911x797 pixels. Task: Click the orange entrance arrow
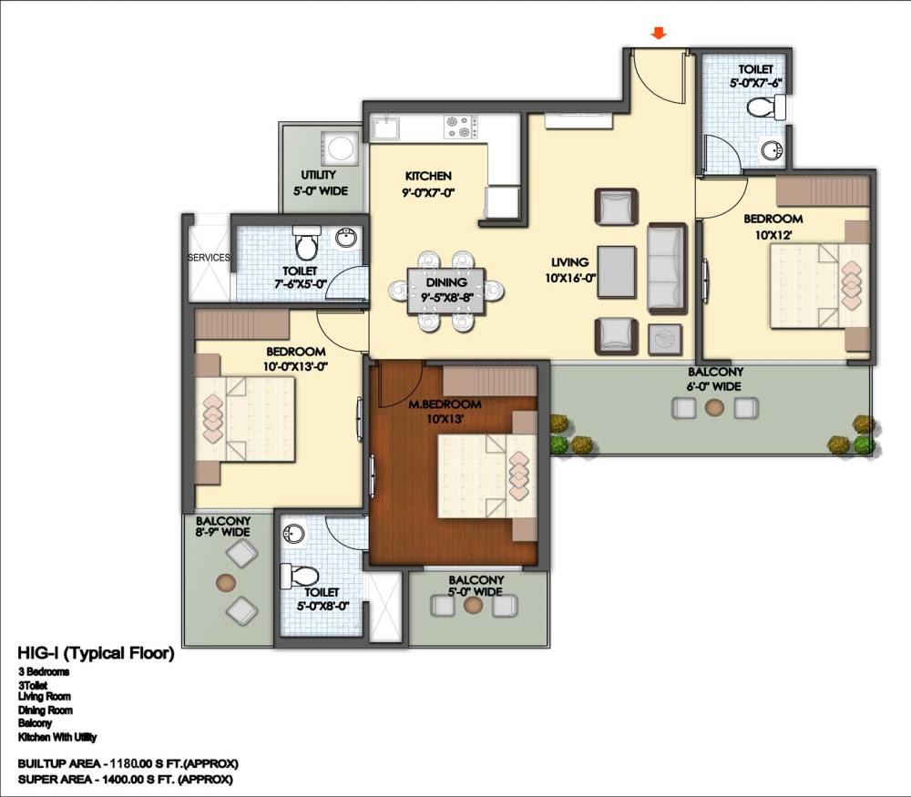click(x=659, y=33)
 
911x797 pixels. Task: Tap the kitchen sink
click(x=385, y=128)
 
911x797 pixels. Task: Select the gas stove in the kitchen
click(x=461, y=128)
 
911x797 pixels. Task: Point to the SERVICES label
click(x=209, y=258)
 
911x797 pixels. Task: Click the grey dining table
click(x=446, y=291)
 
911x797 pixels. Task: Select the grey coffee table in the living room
click(x=616, y=272)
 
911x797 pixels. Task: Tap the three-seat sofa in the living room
click(x=667, y=269)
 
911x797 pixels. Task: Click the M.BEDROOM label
click(x=445, y=404)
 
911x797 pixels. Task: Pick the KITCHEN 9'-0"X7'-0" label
click(x=428, y=184)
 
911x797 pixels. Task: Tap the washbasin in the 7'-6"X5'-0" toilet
click(x=347, y=238)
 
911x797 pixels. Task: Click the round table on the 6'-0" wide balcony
click(x=714, y=408)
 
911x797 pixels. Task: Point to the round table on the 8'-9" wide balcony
click(x=225, y=581)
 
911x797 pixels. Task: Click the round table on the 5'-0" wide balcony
click(x=474, y=606)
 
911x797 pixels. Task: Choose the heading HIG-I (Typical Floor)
click(x=96, y=653)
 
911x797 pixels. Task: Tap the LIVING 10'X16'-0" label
click(x=570, y=271)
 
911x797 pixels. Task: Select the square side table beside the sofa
click(x=665, y=339)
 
